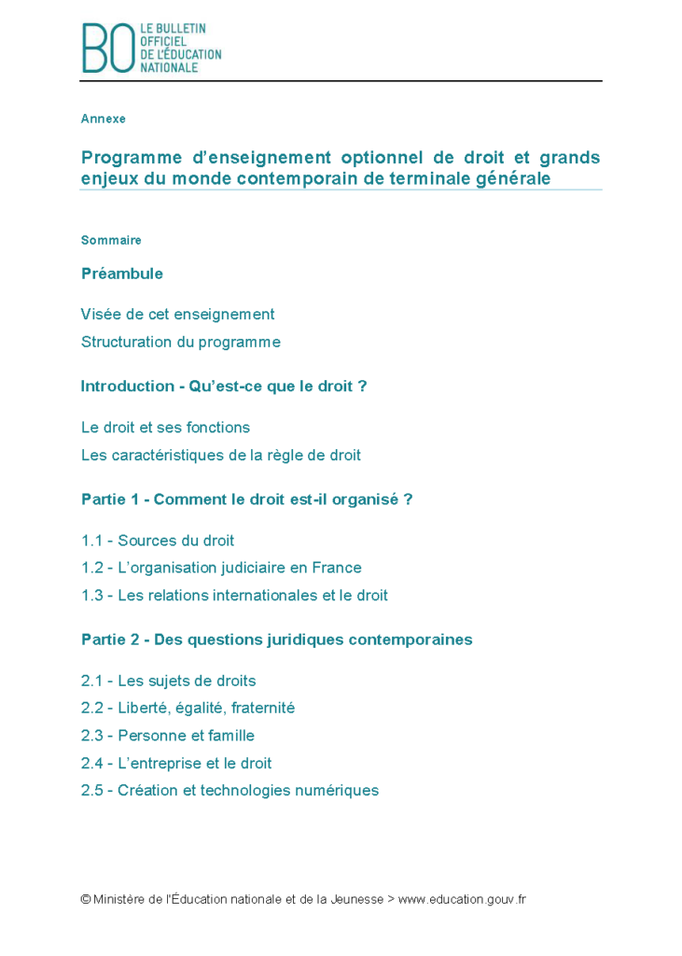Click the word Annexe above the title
[103, 119]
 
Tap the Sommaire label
[111, 241]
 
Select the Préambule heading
[122, 274]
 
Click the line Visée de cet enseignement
[177, 315]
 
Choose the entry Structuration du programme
[180, 343]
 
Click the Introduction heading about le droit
[223, 387]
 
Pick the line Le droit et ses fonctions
[165, 428]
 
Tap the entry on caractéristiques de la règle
[220, 456]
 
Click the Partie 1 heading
[246, 499]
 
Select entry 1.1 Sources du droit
[157, 541]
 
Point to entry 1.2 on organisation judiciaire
[221, 568]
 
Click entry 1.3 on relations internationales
[234, 596]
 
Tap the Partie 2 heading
[276, 640]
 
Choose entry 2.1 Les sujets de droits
[168, 681]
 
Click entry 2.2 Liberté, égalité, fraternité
[188, 709]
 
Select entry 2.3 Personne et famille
[167, 736]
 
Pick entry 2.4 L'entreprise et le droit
[176, 764]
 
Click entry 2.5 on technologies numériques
[230, 791]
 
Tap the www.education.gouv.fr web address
[462, 900]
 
